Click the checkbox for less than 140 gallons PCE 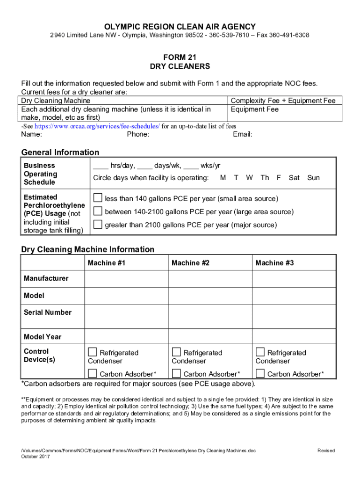tap(98, 197)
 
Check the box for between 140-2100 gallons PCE tap(98, 211)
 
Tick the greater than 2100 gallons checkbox tap(98, 225)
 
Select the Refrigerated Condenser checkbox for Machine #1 tap(93, 352)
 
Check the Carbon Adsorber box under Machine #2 tap(176, 373)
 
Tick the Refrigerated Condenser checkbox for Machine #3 tap(260, 352)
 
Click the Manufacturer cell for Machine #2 tap(210, 279)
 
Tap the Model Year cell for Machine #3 tap(294, 337)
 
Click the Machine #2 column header tap(190, 263)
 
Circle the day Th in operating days tap(265, 178)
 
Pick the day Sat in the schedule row tap(294, 178)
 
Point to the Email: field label tap(243, 135)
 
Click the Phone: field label tap(138, 135)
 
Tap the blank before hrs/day tap(101, 166)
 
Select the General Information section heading tap(60, 152)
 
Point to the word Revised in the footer tap(326, 450)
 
